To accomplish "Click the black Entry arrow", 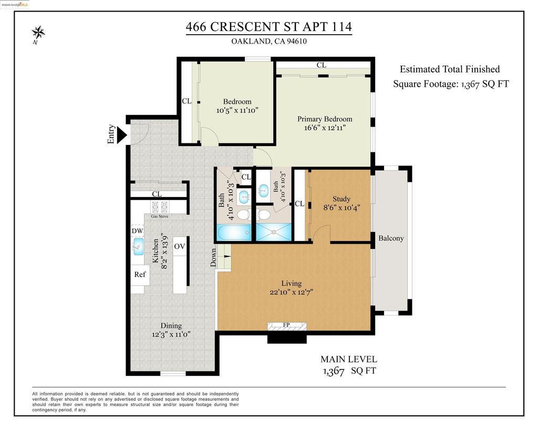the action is point(122,135).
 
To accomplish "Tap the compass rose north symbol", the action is point(38,34).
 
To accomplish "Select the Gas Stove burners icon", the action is point(160,207).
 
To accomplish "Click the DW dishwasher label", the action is point(137,231).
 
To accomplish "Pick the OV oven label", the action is point(180,246).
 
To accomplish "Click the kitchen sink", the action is point(138,247).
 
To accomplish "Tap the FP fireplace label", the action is point(286,325).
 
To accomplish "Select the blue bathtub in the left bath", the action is point(234,232).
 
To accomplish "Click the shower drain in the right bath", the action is point(273,232).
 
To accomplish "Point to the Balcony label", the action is point(391,238).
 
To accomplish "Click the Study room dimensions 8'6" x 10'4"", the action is point(342,207).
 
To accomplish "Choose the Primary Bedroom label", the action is point(325,119).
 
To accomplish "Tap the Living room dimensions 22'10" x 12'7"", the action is point(291,292).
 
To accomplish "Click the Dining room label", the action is point(171,326).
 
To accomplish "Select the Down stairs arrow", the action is point(227,256).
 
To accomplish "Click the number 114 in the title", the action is point(342,27).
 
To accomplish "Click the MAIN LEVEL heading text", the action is point(349,359).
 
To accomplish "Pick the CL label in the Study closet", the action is point(299,204).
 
